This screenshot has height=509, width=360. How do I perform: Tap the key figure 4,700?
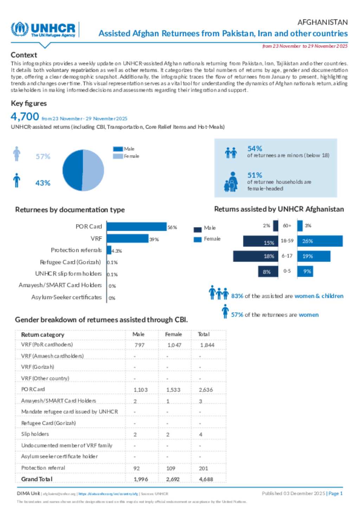tap(25, 117)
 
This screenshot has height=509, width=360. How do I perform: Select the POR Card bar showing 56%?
tap(136, 227)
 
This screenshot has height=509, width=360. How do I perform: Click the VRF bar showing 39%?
tap(127, 239)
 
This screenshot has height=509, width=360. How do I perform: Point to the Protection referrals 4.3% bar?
tap(109, 250)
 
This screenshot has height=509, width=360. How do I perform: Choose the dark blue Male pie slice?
tap(72, 170)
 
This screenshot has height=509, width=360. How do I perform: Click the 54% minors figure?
tap(255, 149)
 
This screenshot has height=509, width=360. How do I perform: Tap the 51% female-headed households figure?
tap(255, 175)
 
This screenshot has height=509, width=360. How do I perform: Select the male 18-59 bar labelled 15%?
tap(261, 241)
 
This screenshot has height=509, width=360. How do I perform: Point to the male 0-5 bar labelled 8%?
tap(268, 272)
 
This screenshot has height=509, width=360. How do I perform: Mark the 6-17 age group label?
tap(287, 256)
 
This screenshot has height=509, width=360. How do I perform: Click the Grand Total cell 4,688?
tap(206, 479)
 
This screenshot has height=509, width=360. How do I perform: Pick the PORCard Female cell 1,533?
tap(173, 390)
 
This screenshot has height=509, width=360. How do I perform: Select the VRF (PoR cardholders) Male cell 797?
tap(140, 345)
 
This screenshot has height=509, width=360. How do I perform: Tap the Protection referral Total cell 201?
tap(204, 468)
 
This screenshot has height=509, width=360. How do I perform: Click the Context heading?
tap(24, 55)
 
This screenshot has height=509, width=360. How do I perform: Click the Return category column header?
tap(43, 335)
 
